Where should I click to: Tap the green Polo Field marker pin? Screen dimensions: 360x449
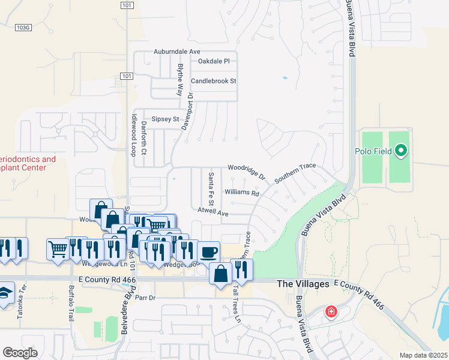[x=401, y=150]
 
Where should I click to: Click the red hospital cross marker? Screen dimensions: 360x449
[x=331, y=312]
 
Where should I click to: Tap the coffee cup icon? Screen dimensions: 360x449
[x=208, y=251]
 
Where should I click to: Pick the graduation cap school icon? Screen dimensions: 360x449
[x=4, y=295]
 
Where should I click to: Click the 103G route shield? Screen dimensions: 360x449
[x=23, y=27]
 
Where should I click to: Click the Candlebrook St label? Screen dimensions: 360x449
[x=214, y=80]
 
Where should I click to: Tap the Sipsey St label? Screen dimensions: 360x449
[x=165, y=119]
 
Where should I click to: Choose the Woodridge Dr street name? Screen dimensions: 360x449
[x=246, y=172]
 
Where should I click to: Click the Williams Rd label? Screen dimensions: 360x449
[x=241, y=193]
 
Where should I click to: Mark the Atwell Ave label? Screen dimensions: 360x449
[x=213, y=212]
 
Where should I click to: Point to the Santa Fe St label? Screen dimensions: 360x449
[x=211, y=187]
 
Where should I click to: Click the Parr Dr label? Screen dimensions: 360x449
[x=145, y=297]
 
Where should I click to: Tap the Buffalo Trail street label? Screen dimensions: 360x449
[x=71, y=307]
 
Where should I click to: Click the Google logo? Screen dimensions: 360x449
[x=20, y=353]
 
